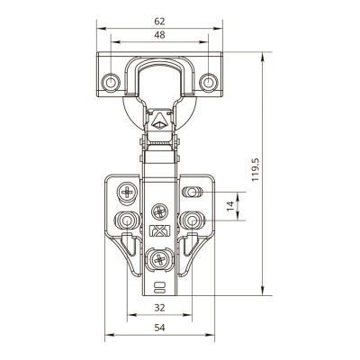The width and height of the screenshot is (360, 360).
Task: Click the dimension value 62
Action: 159,22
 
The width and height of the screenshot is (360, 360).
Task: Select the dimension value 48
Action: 159,35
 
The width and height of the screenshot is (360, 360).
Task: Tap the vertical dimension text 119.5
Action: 255,170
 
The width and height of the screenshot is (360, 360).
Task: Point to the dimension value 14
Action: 230,206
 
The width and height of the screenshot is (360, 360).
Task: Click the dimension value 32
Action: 159,308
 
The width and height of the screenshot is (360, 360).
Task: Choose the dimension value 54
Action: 159,328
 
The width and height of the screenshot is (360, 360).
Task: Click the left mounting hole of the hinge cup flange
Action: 111,82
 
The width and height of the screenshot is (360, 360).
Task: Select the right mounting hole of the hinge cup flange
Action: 208,82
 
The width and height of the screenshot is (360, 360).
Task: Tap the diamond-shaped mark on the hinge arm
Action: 159,122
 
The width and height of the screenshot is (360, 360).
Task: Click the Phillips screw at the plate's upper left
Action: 127,191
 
